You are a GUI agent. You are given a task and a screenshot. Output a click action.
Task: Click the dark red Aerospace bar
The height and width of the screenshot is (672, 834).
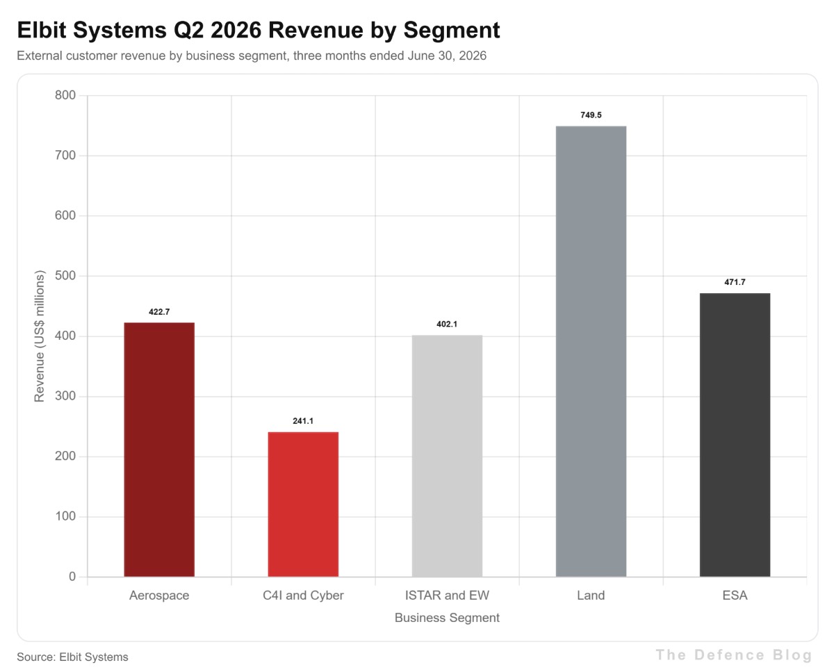click(159, 450)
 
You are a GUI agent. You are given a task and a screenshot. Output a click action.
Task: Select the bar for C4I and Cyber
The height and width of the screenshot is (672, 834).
click(303, 505)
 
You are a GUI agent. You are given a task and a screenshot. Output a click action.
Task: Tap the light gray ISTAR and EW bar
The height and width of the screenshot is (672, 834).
click(447, 456)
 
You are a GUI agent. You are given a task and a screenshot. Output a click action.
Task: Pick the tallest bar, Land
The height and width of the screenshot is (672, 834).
click(591, 351)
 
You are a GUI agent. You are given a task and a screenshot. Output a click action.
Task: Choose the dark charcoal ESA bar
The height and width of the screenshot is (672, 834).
click(735, 435)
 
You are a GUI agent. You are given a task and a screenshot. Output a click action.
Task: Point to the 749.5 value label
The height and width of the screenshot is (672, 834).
click(591, 115)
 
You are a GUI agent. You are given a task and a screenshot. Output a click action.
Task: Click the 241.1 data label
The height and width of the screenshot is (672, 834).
click(303, 421)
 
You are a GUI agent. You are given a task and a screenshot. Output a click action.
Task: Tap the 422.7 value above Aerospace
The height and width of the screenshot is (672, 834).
click(159, 311)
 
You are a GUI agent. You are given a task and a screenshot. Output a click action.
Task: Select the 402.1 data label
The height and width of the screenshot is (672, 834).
click(447, 324)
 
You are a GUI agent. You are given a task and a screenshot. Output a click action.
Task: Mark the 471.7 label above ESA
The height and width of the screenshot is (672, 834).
click(735, 282)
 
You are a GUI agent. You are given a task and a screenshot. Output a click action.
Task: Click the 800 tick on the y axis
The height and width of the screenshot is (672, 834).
click(65, 95)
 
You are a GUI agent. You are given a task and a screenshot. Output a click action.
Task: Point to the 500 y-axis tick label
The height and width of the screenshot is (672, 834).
click(65, 276)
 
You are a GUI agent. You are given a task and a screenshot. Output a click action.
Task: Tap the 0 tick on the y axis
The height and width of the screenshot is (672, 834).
click(72, 576)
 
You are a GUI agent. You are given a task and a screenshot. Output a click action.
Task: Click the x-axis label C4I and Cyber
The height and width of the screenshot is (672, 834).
click(303, 596)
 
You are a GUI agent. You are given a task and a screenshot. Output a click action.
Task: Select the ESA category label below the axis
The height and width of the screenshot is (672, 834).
click(735, 596)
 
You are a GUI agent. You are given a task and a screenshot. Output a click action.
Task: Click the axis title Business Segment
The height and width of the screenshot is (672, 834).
click(447, 618)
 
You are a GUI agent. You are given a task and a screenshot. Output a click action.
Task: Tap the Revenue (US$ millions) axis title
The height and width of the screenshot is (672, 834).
click(40, 336)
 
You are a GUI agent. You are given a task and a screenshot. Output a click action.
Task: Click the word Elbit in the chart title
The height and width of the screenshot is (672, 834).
click(42, 30)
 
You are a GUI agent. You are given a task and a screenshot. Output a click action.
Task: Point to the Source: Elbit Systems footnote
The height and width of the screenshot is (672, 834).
click(72, 657)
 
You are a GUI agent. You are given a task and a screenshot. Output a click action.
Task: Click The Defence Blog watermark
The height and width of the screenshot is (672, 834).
click(735, 655)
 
